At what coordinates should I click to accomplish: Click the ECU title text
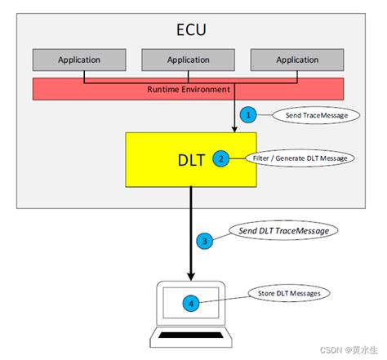192,30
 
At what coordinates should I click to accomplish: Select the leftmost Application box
79,60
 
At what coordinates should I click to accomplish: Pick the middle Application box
189,60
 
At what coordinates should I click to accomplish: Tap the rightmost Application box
297,60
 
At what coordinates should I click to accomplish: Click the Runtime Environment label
189,88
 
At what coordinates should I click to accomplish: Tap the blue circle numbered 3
205,240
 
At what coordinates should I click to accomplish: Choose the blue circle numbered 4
191,303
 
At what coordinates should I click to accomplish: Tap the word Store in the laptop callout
259,293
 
